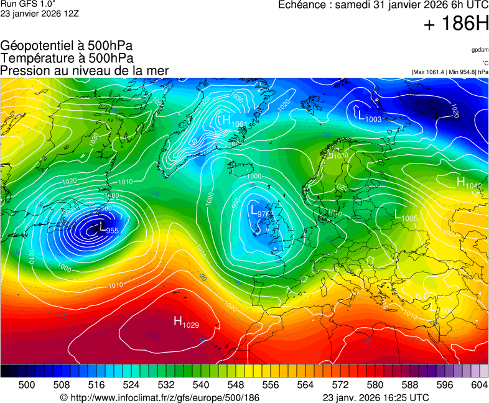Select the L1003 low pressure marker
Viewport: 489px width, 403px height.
tap(370, 115)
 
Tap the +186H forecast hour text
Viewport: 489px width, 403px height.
tap(455, 25)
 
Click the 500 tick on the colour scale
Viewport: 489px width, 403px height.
tap(27, 385)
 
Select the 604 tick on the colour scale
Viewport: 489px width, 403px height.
tap(479, 385)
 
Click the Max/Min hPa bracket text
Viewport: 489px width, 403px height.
tap(450, 72)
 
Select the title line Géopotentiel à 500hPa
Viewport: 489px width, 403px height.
tap(67, 46)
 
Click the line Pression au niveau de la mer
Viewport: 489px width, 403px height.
tap(85, 71)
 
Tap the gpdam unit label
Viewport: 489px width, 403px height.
tap(479, 50)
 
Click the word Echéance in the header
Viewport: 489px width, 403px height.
tap(303, 5)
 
